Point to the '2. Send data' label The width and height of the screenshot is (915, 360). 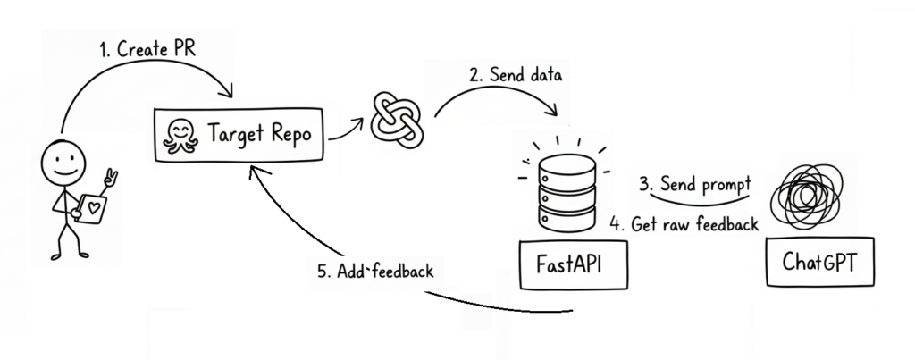coord(516,75)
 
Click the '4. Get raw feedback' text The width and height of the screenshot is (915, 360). coord(684,223)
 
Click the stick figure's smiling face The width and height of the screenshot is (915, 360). coord(64,163)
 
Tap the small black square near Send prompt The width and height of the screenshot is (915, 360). coord(756,203)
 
